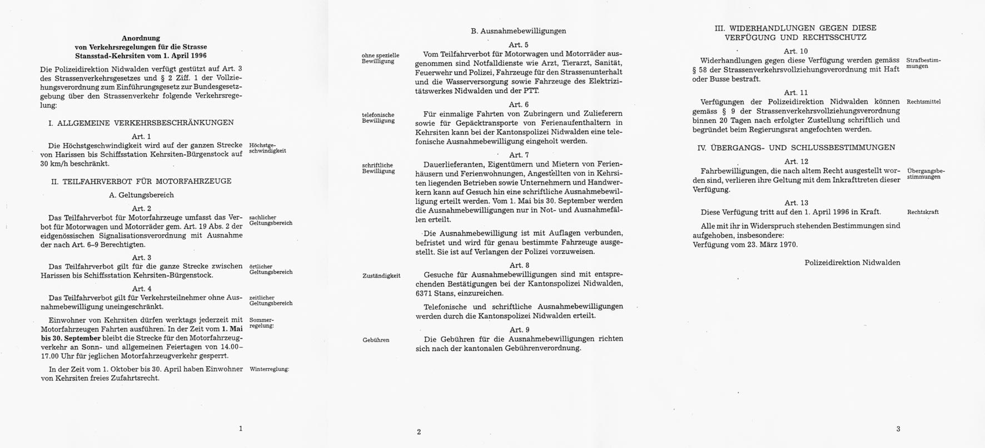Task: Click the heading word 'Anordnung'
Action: click(x=141, y=38)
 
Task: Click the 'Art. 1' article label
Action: click(x=141, y=136)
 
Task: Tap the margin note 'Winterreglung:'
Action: click(x=270, y=369)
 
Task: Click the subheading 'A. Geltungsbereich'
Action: click(x=141, y=195)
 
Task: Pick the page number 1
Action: click(x=240, y=429)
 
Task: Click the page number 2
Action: click(x=419, y=432)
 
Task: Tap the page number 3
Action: click(x=898, y=429)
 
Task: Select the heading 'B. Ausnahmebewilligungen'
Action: click(x=518, y=31)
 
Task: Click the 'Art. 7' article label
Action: click(x=519, y=155)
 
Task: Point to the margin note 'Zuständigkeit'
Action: click(x=381, y=275)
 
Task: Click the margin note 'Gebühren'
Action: click(x=376, y=339)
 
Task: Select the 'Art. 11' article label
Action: click(x=796, y=92)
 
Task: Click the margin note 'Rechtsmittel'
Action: click(x=923, y=102)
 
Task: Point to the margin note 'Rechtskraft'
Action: click(x=923, y=212)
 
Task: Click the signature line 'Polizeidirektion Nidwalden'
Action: click(x=852, y=263)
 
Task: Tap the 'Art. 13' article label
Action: click(x=796, y=203)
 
